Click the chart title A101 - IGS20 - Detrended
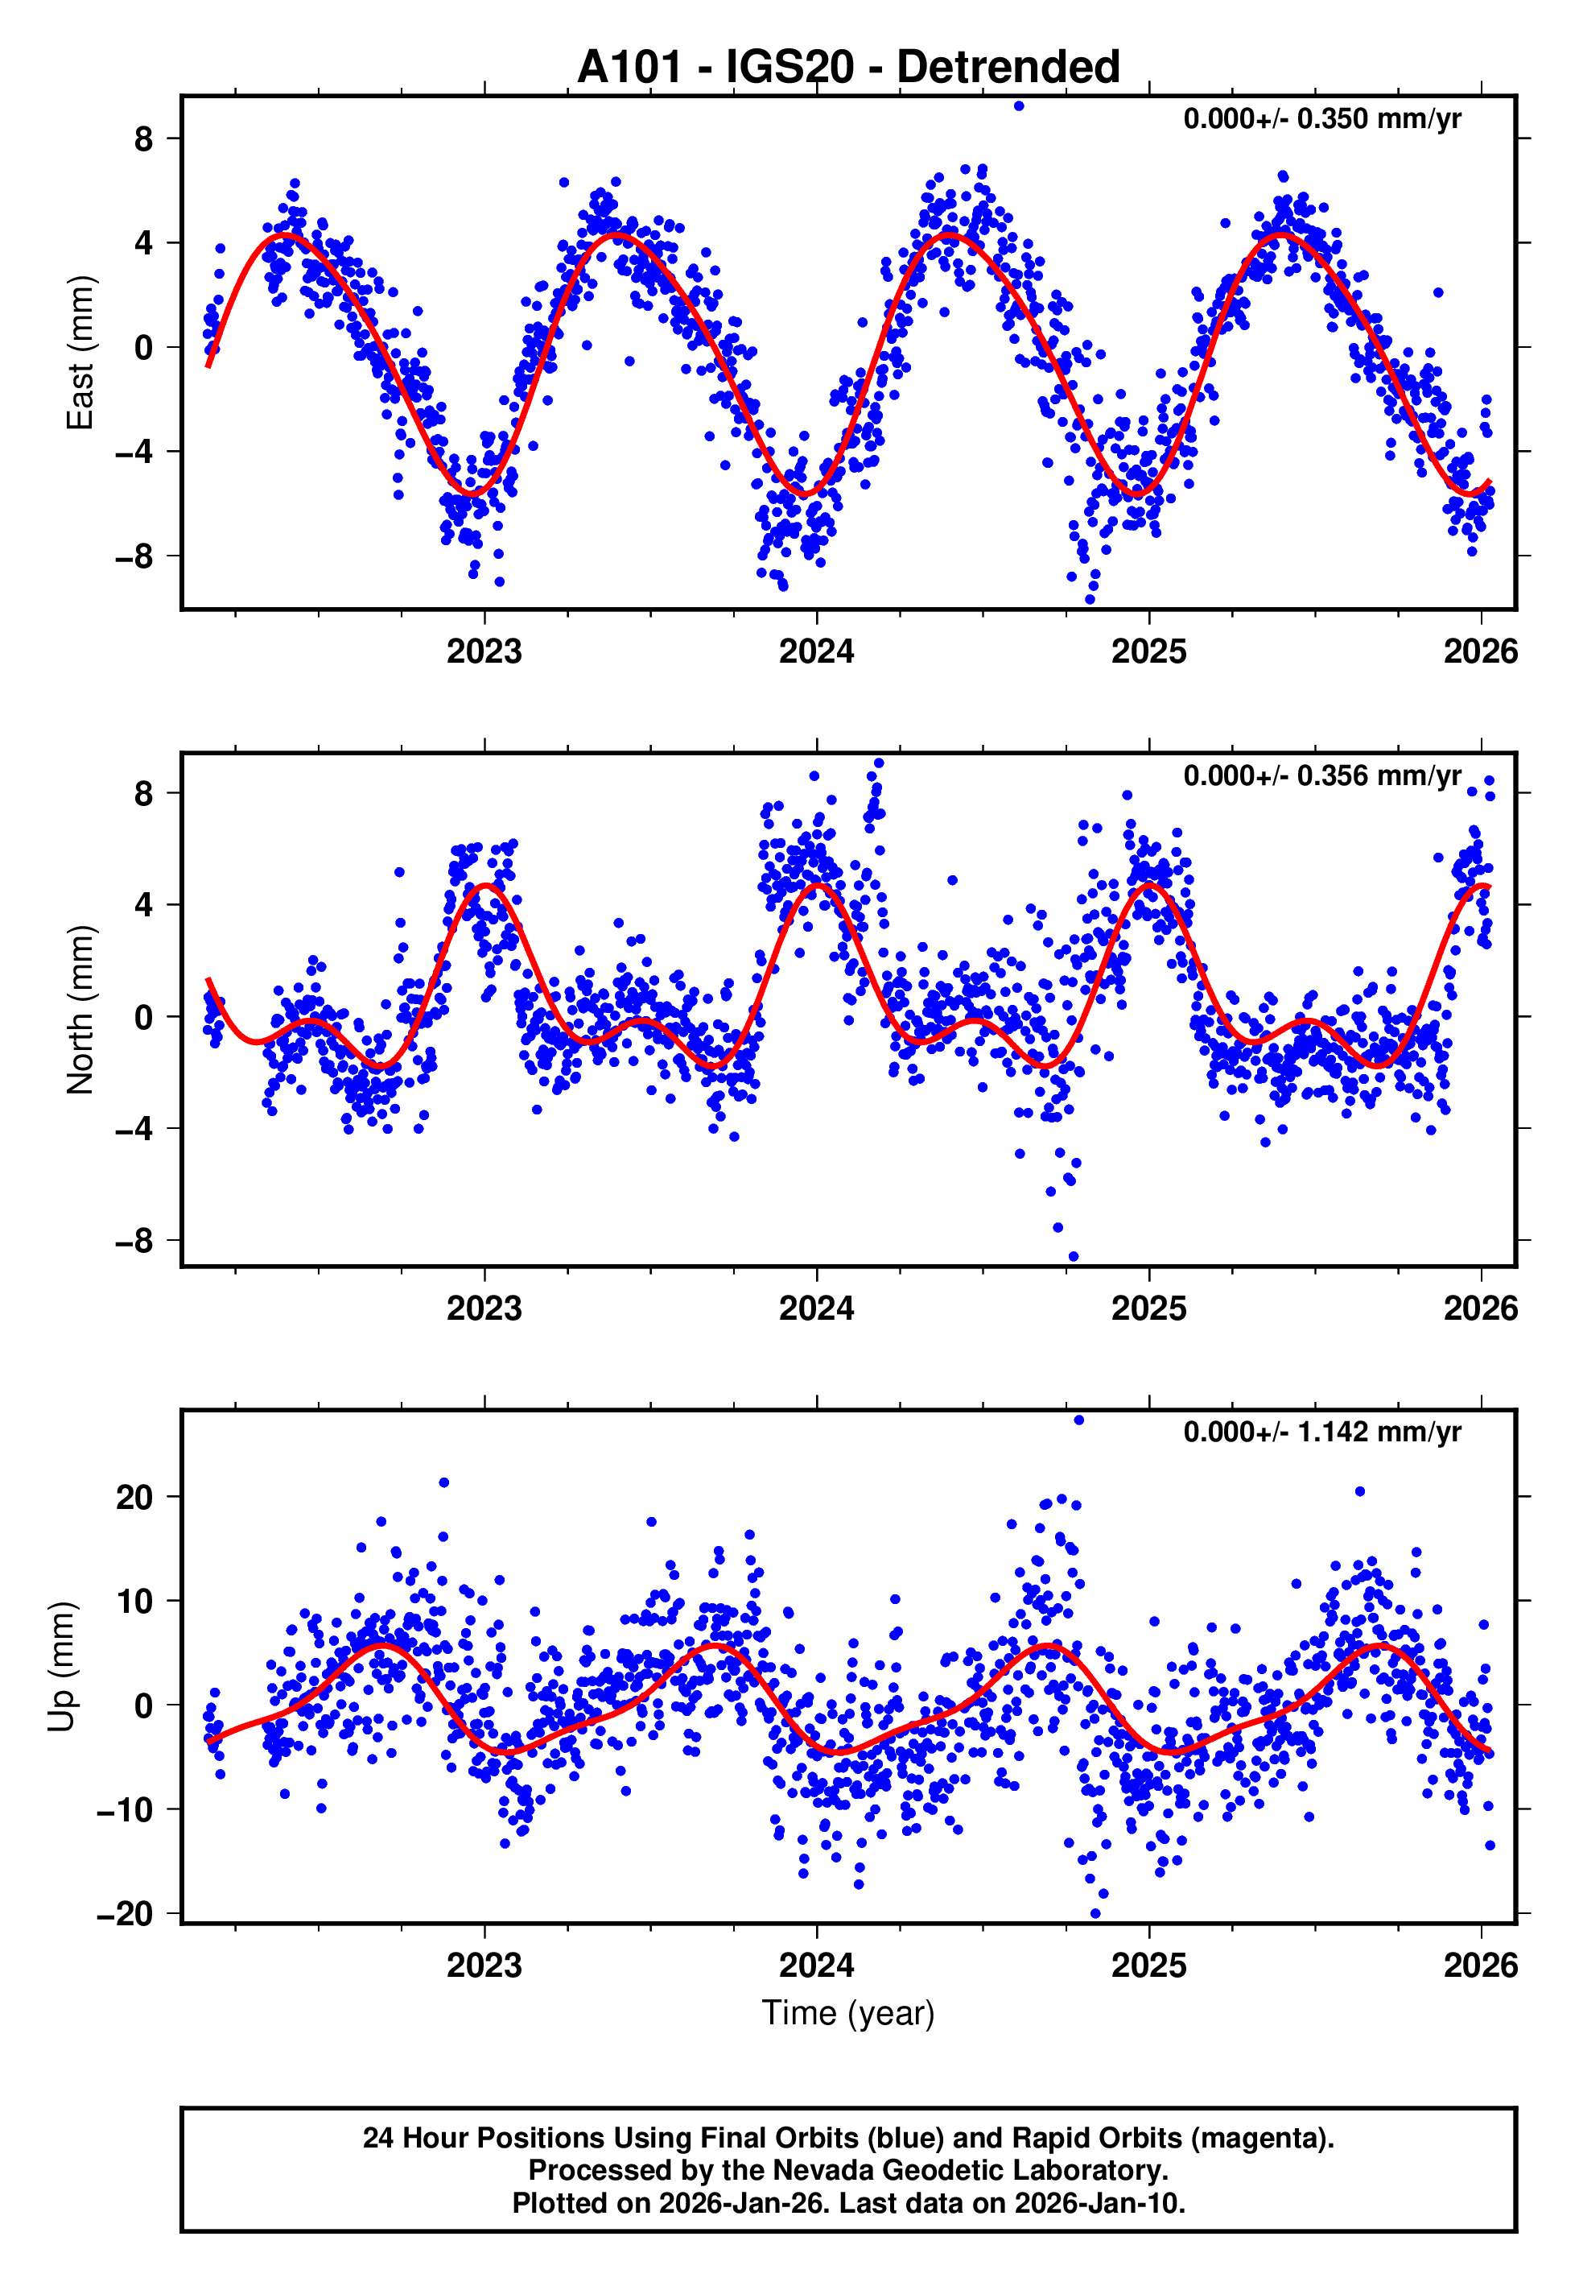pos(848,68)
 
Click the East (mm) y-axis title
pos(80,353)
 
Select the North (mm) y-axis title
pos(80,1010)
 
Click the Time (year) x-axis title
pos(848,2013)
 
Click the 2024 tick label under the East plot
pos(816,651)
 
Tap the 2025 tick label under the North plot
pos(1148,1308)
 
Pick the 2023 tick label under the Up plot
pos(484,1965)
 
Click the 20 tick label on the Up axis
pos(134,1497)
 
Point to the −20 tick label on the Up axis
pos(126,1914)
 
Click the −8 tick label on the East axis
pos(134,556)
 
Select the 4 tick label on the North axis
pos(144,904)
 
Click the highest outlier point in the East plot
pos(1019,105)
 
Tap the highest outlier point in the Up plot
pos(1078,1420)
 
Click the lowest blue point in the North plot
pos(1074,1257)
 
